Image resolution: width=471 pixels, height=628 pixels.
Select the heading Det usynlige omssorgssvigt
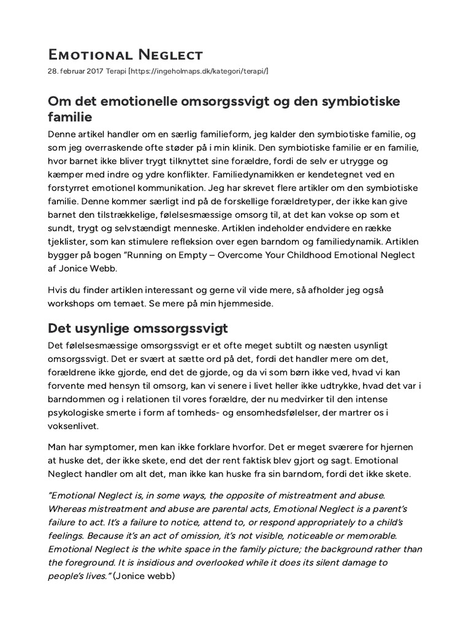point(138,328)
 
